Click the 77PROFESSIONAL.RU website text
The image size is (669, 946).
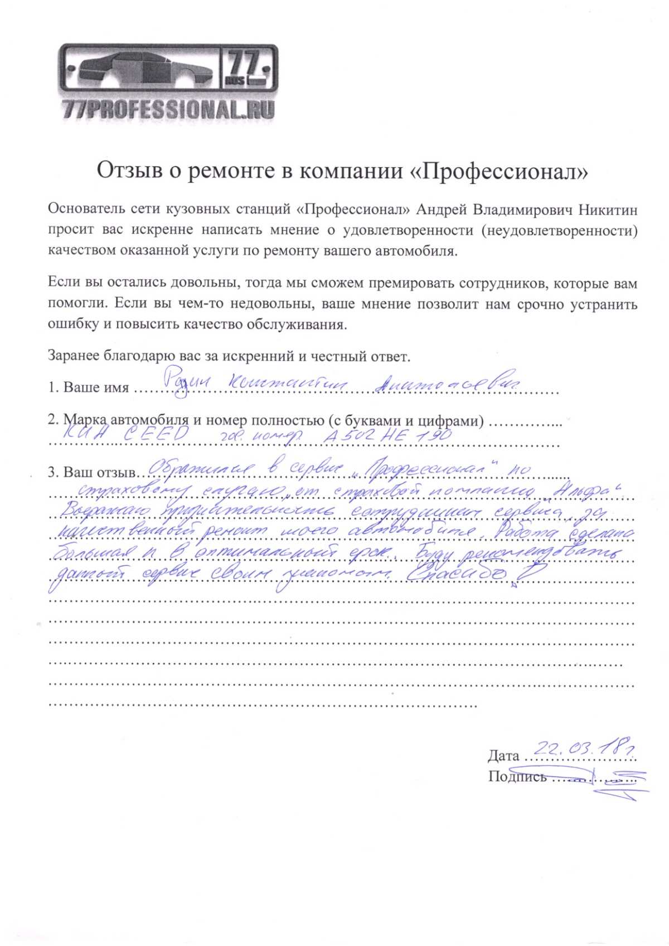168,109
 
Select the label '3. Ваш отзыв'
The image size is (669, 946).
91,473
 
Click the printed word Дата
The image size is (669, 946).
503,756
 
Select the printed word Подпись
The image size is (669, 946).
517,777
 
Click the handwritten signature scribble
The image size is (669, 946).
619,779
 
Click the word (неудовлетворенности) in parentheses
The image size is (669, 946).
559,230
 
